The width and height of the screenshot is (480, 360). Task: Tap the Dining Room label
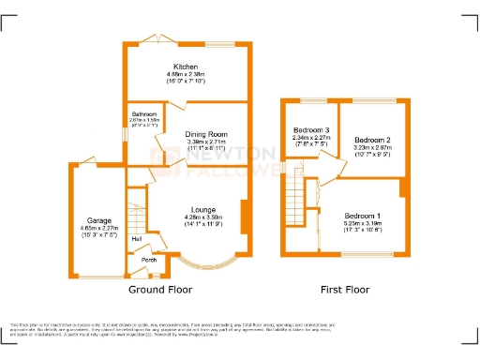[205, 133]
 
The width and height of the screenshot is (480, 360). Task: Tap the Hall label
[137, 239]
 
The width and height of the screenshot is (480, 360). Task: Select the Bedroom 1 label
[362, 216]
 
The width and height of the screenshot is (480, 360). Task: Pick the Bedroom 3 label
[311, 129]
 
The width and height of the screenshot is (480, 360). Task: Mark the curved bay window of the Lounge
[202, 259]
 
